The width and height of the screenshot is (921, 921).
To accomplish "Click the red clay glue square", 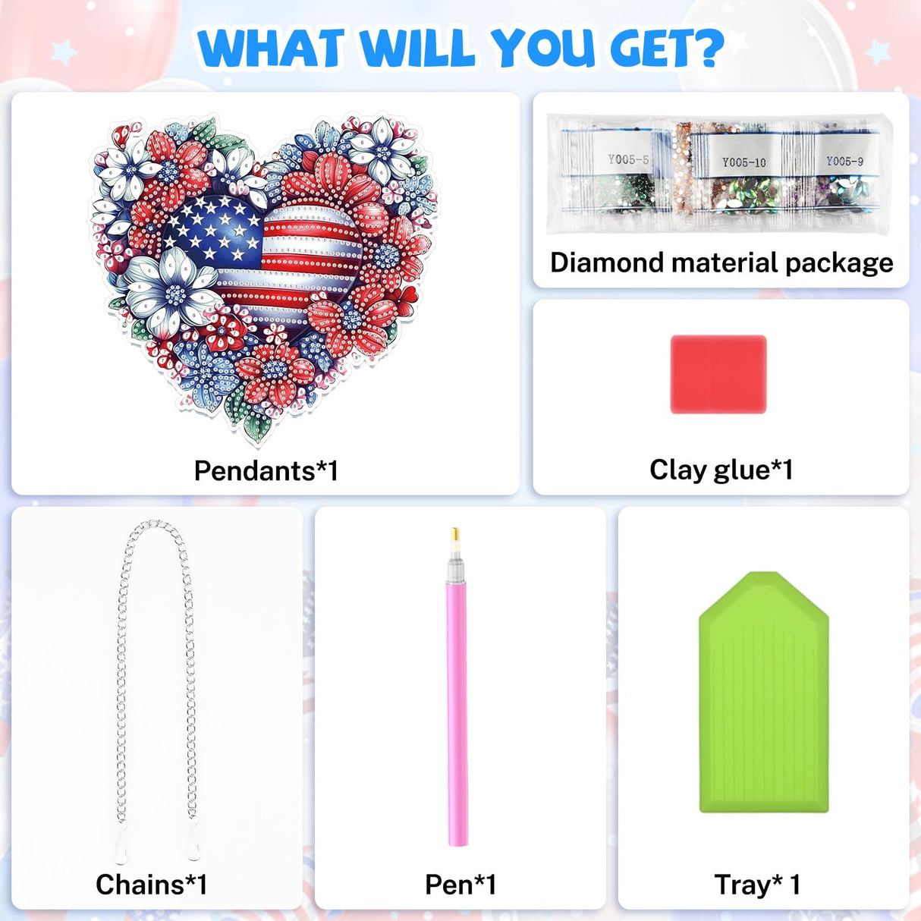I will point(718,374).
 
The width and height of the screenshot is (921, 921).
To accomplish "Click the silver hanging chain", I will point(121,683).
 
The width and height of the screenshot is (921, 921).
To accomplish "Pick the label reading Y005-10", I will point(743,162).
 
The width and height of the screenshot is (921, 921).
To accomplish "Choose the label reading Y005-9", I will point(844,161).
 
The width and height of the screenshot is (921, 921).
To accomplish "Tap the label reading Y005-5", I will point(628,159).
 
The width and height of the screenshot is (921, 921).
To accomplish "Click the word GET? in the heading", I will point(667,49).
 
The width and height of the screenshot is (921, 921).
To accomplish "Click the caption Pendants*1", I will point(266,470).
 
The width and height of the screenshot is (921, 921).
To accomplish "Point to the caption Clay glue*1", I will point(721,470).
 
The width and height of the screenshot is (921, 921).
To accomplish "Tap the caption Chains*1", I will point(151,885).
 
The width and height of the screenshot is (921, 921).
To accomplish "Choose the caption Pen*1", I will point(460,885).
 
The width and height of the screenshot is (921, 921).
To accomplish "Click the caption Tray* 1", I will point(756,885).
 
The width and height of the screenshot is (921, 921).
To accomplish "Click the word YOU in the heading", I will point(542,49).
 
